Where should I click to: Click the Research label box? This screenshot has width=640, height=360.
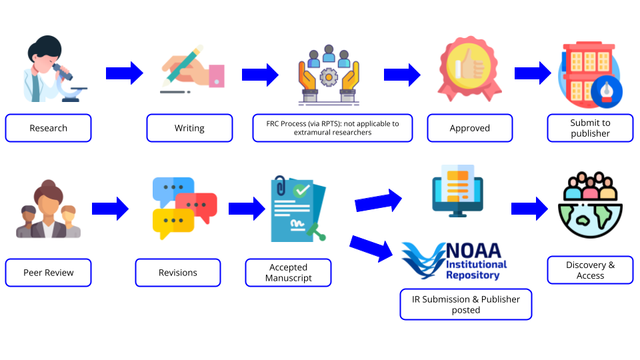click(x=48, y=128)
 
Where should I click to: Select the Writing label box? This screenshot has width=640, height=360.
click(x=189, y=128)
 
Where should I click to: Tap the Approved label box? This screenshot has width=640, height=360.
click(x=469, y=128)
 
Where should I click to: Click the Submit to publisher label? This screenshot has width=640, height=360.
click(x=590, y=128)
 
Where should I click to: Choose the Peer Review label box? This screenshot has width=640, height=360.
click(x=48, y=273)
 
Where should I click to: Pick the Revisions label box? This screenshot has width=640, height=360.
click(x=177, y=273)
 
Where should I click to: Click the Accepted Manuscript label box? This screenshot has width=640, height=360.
click(x=288, y=273)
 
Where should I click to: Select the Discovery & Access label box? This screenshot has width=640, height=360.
click(x=590, y=270)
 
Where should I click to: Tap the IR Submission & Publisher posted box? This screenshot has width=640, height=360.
click(x=465, y=305)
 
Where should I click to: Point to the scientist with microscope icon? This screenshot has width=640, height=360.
click(x=50, y=70)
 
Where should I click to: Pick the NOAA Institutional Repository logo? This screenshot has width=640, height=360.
click(x=455, y=261)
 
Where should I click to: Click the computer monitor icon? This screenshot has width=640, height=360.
click(x=457, y=191)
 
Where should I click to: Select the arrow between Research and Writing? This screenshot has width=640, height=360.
click(x=125, y=73)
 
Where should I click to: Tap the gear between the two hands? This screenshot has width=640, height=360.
click(x=328, y=78)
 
